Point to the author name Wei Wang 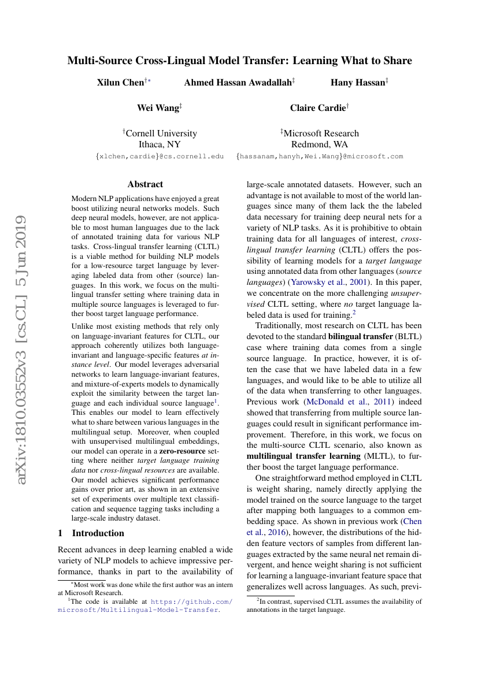coord(158,107)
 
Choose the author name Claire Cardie coord(317,107)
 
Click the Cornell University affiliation coord(160,133)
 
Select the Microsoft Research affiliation coord(320,133)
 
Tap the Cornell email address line coord(160,157)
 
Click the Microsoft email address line coord(320,157)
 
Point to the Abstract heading coord(145,184)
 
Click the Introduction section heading coord(91,533)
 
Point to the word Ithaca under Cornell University coord(152,144)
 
